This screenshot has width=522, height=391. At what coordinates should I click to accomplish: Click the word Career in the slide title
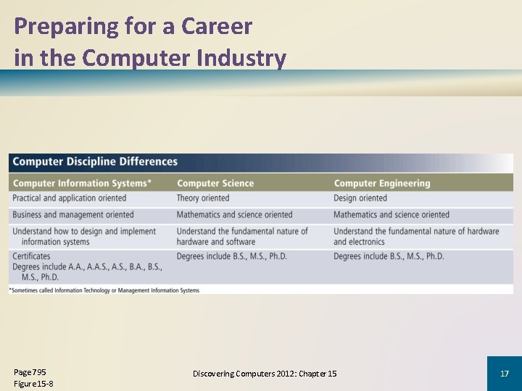[217, 27]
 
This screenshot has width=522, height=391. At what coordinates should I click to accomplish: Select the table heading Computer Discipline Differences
[95, 161]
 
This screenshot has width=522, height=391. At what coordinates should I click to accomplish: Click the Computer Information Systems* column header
[82, 183]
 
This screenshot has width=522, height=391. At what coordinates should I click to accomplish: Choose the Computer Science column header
[215, 183]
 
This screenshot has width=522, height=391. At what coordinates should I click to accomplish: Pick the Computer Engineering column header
[381, 183]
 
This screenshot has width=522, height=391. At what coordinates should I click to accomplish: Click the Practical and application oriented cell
[69, 198]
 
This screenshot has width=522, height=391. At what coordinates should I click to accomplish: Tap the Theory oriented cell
[202, 198]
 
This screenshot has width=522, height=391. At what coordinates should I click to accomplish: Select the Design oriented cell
[360, 198]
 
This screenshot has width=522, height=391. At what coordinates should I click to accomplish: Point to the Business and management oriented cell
[73, 214]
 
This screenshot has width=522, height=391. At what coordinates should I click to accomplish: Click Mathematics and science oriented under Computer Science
[234, 214]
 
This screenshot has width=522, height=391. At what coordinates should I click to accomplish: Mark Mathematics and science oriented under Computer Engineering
[391, 214]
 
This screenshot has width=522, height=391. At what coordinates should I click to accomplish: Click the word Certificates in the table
[31, 256]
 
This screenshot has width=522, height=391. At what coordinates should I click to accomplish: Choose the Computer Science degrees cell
[231, 256]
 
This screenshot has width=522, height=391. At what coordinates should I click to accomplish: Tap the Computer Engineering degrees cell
[389, 256]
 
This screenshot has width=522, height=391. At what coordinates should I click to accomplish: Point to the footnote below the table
[104, 290]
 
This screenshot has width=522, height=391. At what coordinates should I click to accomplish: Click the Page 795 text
[30, 372]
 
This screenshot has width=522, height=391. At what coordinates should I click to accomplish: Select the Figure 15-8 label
[33, 384]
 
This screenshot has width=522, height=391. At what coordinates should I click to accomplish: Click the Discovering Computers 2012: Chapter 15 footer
[265, 374]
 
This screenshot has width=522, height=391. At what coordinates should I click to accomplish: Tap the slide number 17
[505, 374]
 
